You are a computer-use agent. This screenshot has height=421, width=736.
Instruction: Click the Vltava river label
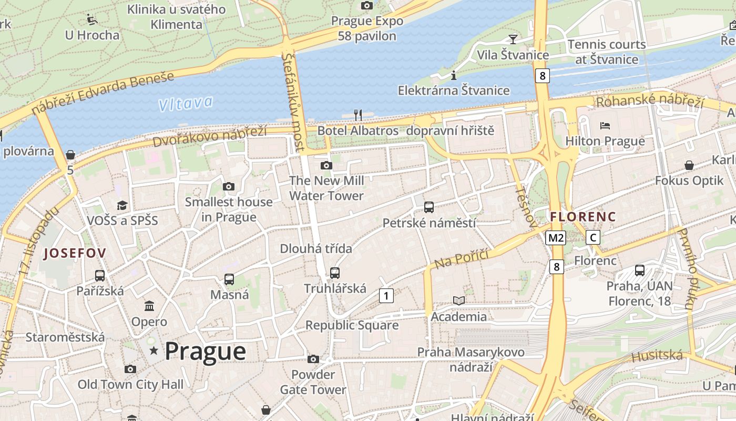pyautogui.click(x=186, y=103)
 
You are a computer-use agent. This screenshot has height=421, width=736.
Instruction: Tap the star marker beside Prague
pyautogui.click(x=154, y=350)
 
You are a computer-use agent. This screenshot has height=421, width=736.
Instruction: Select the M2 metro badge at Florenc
pyautogui.click(x=555, y=238)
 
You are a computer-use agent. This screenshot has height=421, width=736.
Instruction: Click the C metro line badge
pyautogui.click(x=593, y=237)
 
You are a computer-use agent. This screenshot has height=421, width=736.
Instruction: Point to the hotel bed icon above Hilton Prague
pyautogui.click(x=605, y=126)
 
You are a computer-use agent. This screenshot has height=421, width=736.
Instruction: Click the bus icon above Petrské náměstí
pyautogui.click(x=429, y=207)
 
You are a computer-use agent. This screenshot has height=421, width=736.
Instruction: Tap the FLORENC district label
pyautogui.click(x=582, y=216)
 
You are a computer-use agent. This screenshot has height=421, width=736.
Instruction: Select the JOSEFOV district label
pyautogui.click(x=75, y=253)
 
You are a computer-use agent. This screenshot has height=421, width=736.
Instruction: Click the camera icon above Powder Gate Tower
pyautogui.click(x=313, y=359)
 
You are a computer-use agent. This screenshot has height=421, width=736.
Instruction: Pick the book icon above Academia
pyautogui.click(x=459, y=300)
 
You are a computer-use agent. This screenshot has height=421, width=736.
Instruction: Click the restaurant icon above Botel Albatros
pyautogui.click(x=358, y=115)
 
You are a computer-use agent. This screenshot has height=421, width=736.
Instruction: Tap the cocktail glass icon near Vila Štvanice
pyautogui.click(x=513, y=39)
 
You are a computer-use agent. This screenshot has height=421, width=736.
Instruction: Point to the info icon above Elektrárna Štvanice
pyautogui.click(x=453, y=76)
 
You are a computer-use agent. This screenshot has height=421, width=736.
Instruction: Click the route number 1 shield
pyautogui.click(x=386, y=296)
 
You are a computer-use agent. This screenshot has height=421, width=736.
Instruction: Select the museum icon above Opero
pyautogui.click(x=149, y=306)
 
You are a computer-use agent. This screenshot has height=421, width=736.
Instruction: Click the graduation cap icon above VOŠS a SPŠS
pyautogui.click(x=122, y=205)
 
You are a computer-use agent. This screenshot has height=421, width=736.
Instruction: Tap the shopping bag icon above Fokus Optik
pyautogui.click(x=689, y=165)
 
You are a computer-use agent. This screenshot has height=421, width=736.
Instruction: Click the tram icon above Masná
pyautogui.click(x=229, y=279)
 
